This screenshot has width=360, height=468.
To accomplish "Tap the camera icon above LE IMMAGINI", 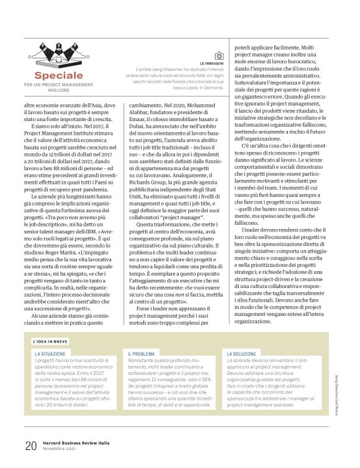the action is pos(218,56).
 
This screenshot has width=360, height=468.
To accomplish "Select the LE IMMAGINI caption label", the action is pos(212,63).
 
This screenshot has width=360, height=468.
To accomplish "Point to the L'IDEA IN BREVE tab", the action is pos(50,341).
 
